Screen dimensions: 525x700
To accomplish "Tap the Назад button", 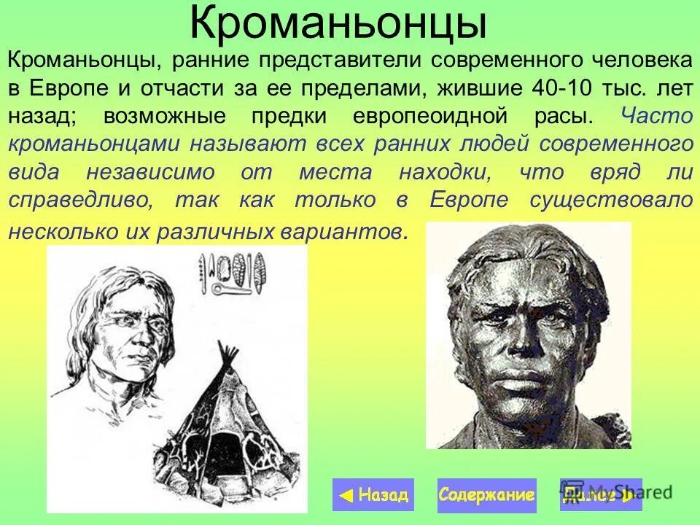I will [x=373, y=495].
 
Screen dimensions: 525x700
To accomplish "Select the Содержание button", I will [x=486, y=495].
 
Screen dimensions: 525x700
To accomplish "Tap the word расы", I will [x=569, y=116].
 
